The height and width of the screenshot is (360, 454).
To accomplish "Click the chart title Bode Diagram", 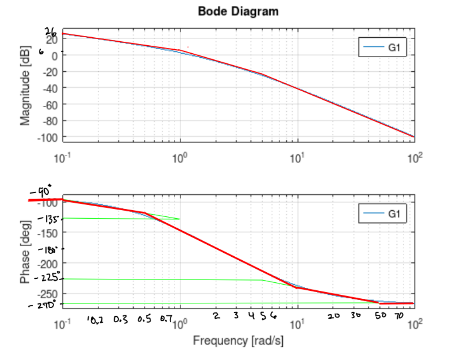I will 238,11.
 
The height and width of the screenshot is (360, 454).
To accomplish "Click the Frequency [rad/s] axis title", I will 238,340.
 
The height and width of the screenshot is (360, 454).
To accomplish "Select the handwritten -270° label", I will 43,305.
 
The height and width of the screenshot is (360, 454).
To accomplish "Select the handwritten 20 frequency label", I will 334,317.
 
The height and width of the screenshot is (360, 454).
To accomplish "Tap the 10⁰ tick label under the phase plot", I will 180,324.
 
